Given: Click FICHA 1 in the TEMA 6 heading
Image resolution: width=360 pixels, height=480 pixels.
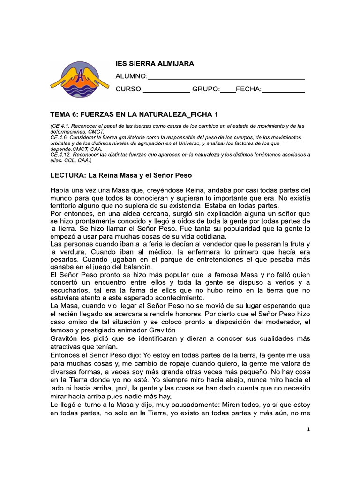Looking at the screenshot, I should pyautogui.click(x=202, y=114).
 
